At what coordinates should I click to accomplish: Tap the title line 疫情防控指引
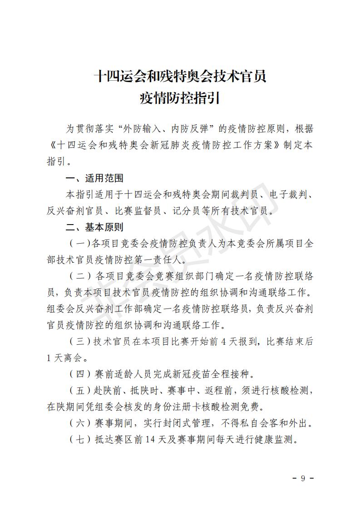point(180,97)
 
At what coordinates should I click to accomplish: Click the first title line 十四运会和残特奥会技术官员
point(180,75)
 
